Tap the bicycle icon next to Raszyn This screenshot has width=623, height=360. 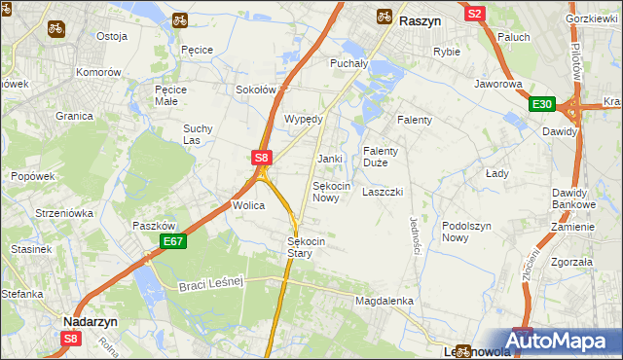[x=385, y=17]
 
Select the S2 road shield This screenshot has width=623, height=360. [x=475, y=14]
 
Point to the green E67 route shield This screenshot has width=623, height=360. [x=171, y=241]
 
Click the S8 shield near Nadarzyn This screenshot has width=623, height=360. [x=71, y=339]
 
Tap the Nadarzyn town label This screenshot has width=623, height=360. [x=91, y=320]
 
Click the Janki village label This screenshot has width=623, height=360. [x=330, y=159]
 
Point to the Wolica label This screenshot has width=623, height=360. [x=247, y=205]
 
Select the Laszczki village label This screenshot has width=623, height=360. [x=383, y=192]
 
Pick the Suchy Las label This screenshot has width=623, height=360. [x=198, y=134]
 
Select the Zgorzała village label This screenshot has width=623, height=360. [x=570, y=262]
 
